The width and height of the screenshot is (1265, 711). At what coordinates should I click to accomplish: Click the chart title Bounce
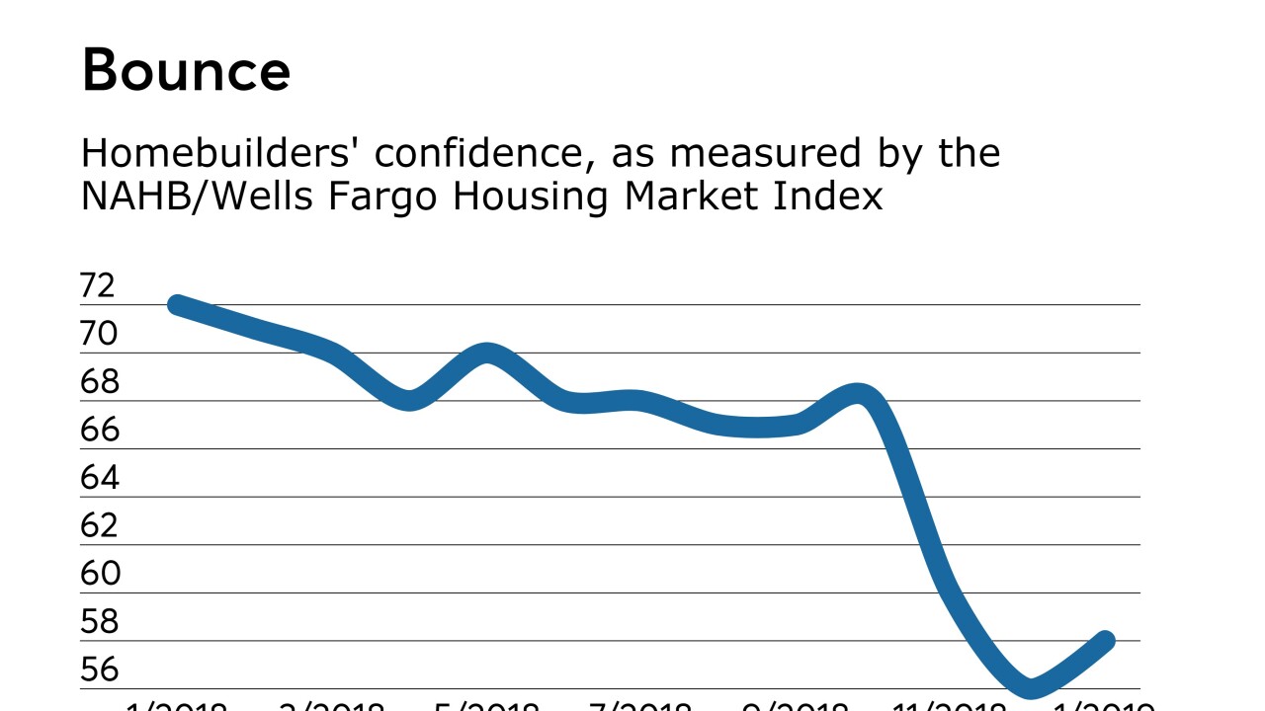[186, 71]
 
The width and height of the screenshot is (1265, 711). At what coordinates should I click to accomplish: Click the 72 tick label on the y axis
[98, 286]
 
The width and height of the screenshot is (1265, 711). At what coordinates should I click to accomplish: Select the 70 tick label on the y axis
[98, 335]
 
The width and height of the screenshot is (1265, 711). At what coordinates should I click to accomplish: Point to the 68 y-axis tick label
[98, 382]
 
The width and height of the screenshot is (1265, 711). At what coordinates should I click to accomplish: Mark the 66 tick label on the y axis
[98, 431]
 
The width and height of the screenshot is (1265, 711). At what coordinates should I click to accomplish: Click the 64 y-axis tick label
[98, 478]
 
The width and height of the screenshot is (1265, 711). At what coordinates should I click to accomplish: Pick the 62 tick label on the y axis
[98, 525]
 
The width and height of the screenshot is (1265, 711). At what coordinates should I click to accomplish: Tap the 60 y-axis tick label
[98, 574]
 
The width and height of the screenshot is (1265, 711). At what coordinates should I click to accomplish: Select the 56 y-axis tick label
[98, 670]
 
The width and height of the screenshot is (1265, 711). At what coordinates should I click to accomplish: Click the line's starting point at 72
[178, 305]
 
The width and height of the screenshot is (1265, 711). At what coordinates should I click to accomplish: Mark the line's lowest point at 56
[1031, 687]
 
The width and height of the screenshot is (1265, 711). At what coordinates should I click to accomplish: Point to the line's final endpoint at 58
[1107, 641]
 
